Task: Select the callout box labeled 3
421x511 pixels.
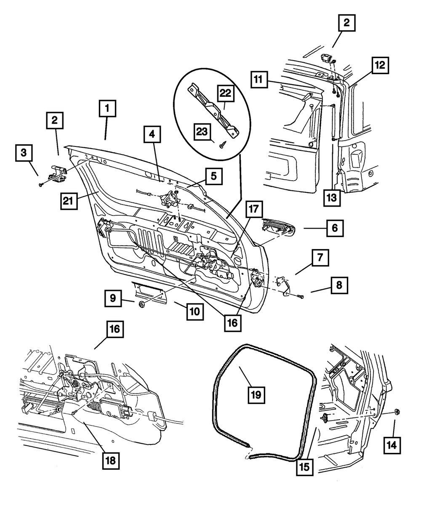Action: [24, 153]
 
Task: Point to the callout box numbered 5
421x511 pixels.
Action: [214, 176]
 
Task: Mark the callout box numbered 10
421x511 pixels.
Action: [194, 312]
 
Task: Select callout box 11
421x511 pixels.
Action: [260, 79]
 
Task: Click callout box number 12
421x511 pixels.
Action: [380, 66]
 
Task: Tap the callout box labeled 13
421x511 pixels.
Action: [332, 197]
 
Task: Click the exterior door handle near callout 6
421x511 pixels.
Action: [278, 227]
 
